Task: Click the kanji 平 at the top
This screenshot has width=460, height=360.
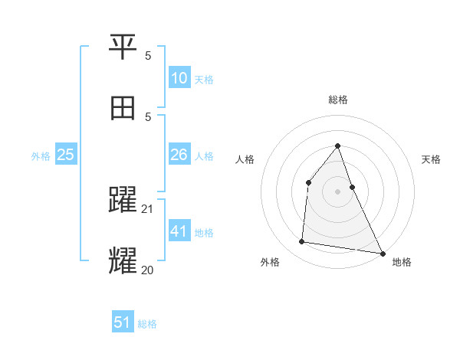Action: [123, 47]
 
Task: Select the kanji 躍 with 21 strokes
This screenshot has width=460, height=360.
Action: [123, 200]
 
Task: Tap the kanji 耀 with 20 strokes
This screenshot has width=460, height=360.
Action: [123, 260]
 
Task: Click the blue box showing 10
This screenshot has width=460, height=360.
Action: [179, 77]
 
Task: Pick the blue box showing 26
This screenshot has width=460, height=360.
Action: [179, 155]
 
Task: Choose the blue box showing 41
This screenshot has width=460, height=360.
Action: [179, 231]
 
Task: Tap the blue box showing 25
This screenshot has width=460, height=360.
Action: [66, 155]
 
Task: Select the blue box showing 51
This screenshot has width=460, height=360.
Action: [123, 322]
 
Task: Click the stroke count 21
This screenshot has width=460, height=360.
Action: [148, 209]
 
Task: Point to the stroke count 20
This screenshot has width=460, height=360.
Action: [148, 270]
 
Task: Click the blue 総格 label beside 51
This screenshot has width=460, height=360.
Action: [147, 324]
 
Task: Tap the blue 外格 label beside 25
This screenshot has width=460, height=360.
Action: [41, 156]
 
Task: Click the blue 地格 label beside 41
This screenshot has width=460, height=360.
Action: [204, 233]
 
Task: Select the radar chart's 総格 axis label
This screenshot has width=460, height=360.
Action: [338, 100]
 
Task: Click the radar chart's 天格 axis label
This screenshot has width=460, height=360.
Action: [431, 159]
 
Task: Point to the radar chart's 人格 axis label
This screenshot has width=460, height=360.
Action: [245, 159]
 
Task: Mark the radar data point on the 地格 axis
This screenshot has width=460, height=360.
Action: [382, 253]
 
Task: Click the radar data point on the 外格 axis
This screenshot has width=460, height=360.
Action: [302, 242]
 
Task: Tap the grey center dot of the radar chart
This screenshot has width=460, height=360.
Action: [338, 191]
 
